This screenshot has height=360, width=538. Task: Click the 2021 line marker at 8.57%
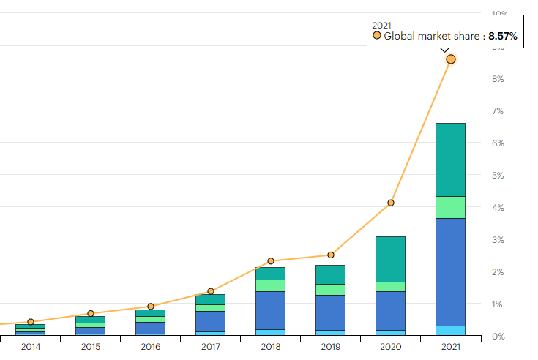click(x=451, y=59)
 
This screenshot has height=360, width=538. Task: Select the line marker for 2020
click(x=391, y=203)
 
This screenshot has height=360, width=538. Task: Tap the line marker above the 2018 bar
click(x=271, y=260)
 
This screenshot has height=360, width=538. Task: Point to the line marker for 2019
click(x=331, y=255)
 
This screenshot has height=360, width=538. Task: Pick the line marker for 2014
click(x=31, y=322)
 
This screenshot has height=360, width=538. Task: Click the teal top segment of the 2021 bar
click(x=451, y=160)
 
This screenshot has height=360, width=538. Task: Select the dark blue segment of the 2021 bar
click(x=451, y=271)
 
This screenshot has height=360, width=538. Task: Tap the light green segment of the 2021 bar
click(x=451, y=207)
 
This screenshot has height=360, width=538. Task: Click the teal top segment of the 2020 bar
click(x=391, y=259)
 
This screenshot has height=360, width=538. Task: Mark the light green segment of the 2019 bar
click(x=331, y=289)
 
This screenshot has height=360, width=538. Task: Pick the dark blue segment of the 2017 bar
click(x=211, y=321)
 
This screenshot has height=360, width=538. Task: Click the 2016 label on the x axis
click(x=151, y=347)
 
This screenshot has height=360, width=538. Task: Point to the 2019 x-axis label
click(x=331, y=347)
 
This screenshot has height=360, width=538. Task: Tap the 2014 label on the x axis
click(x=31, y=347)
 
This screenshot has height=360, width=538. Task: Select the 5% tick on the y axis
click(x=498, y=176)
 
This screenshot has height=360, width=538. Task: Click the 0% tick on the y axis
click(x=498, y=337)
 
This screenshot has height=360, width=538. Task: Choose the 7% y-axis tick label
click(x=498, y=111)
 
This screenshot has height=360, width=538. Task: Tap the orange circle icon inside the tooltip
click(x=377, y=35)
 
